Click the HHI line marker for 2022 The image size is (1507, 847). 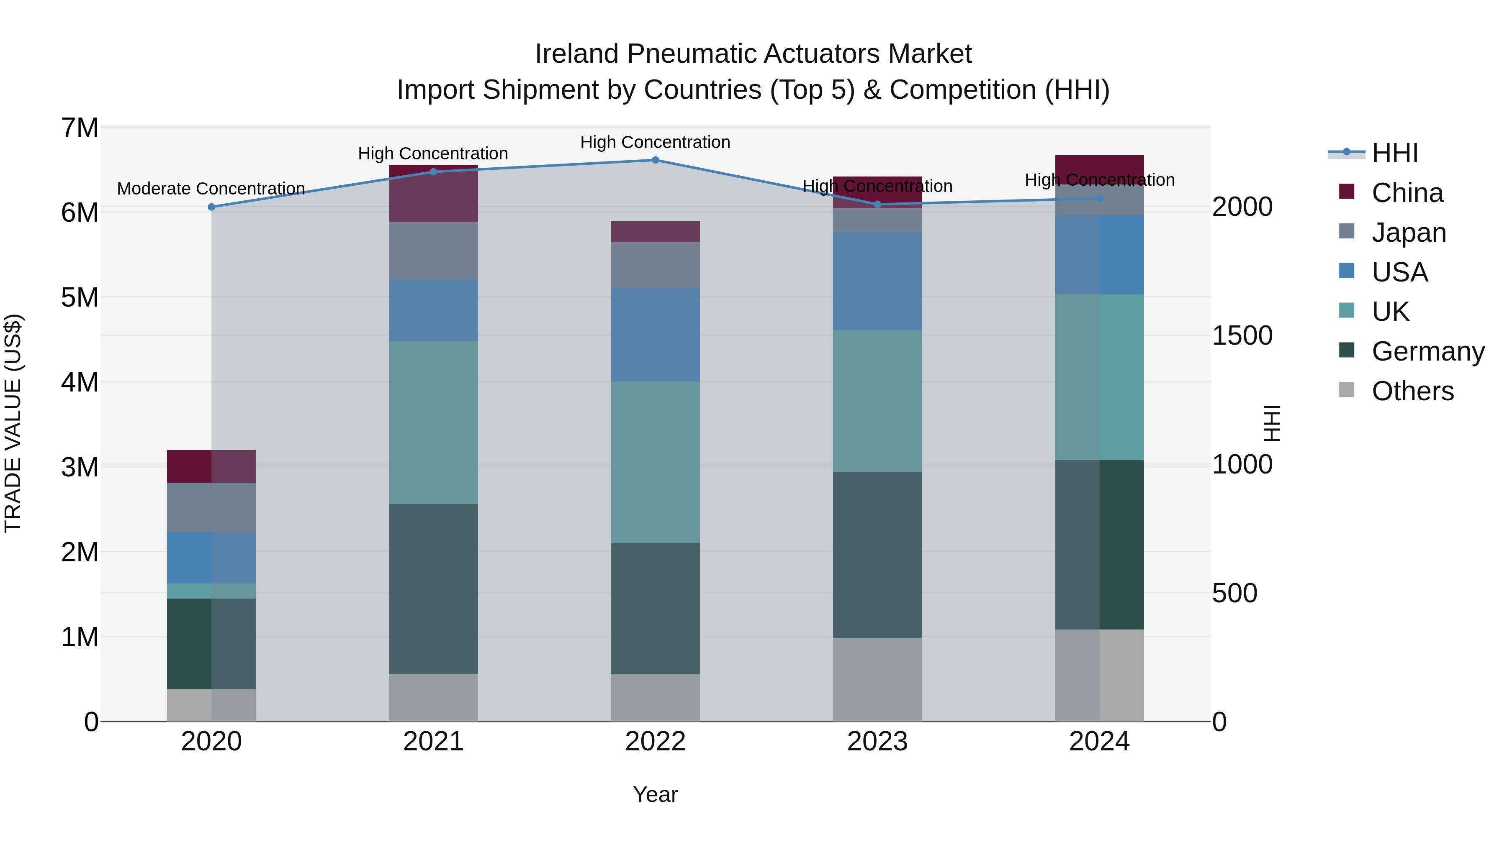pyautogui.click(x=655, y=160)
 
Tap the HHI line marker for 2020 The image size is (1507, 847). pyautogui.click(x=212, y=207)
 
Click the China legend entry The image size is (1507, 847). pyautogui.click(x=1407, y=193)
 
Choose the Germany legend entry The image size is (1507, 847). pyautogui.click(x=1427, y=351)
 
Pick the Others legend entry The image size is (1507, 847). pyautogui.click(x=1412, y=391)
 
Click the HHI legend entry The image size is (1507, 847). pyautogui.click(x=1395, y=153)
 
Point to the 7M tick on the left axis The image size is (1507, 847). pyautogui.click(x=80, y=128)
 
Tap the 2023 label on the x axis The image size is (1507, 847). pyautogui.click(x=877, y=742)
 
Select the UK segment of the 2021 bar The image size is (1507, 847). pyautogui.click(x=434, y=422)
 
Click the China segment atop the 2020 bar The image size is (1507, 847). pyautogui.click(x=211, y=466)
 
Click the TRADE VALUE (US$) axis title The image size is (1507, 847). pyautogui.click(x=13, y=423)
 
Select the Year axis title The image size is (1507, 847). pyautogui.click(x=655, y=794)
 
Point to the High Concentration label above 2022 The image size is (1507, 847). pyautogui.click(x=655, y=142)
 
